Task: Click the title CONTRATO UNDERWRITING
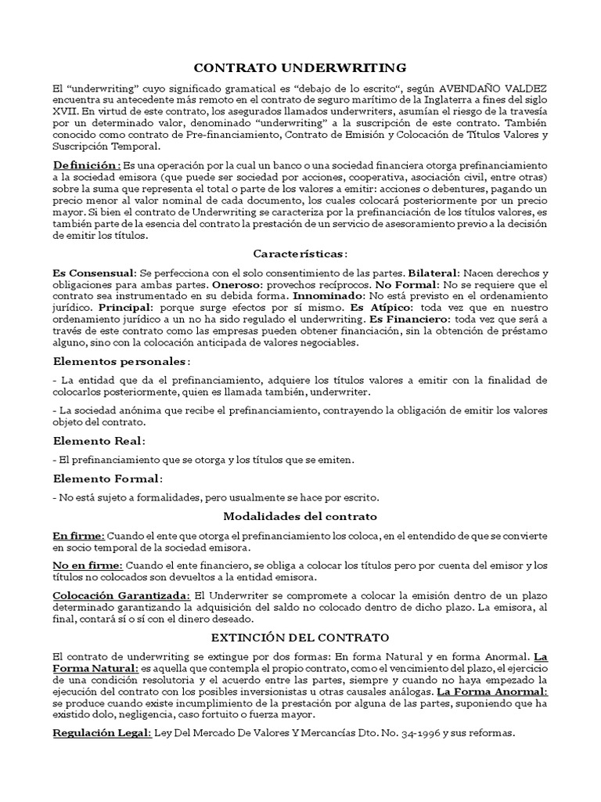(x=300, y=67)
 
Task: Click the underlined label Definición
(x=86, y=166)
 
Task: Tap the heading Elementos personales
(x=121, y=361)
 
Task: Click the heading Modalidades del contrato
(x=300, y=516)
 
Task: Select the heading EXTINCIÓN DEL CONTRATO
(x=300, y=638)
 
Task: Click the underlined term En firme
(x=77, y=536)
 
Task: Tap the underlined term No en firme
(x=87, y=565)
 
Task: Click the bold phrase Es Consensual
(x=93, y=273)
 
